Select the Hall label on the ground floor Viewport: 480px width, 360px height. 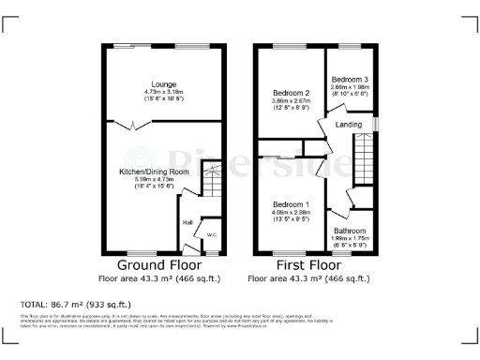pos(187,222)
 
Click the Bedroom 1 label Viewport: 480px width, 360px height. pos(291,204)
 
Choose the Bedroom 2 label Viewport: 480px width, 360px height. pos(291,93)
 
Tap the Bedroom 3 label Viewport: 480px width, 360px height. pos(349,78)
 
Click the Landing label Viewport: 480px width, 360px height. pos(350,124)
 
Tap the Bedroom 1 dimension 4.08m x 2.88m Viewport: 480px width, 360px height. pos(291,213)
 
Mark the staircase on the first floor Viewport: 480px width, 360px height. pos(362,159)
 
